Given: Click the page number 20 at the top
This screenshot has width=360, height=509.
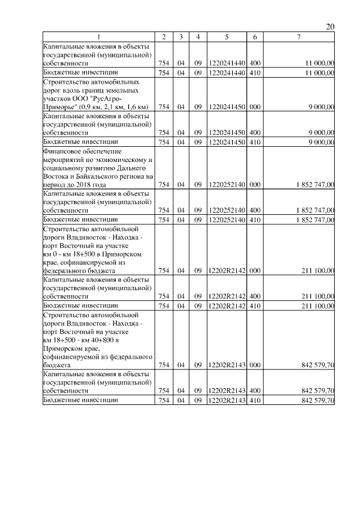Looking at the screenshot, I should [330, 27].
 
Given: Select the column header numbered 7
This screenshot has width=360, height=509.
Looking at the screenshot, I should [299, 37].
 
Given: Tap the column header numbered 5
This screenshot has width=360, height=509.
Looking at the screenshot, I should [226, 37].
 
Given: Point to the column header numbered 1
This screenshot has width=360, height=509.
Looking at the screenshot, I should [98, 37].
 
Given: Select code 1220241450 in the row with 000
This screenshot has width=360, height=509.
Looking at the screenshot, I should [226, 106].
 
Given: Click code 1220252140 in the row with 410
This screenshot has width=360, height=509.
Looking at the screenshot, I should [226, 219].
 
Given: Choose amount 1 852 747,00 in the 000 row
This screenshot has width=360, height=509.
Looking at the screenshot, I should [310, 184].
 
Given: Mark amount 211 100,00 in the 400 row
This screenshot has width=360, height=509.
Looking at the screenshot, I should [318, 296].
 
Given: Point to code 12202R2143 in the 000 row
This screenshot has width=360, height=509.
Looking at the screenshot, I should [226, 365].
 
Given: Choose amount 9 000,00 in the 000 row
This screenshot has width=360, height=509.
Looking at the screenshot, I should [322, 106].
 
